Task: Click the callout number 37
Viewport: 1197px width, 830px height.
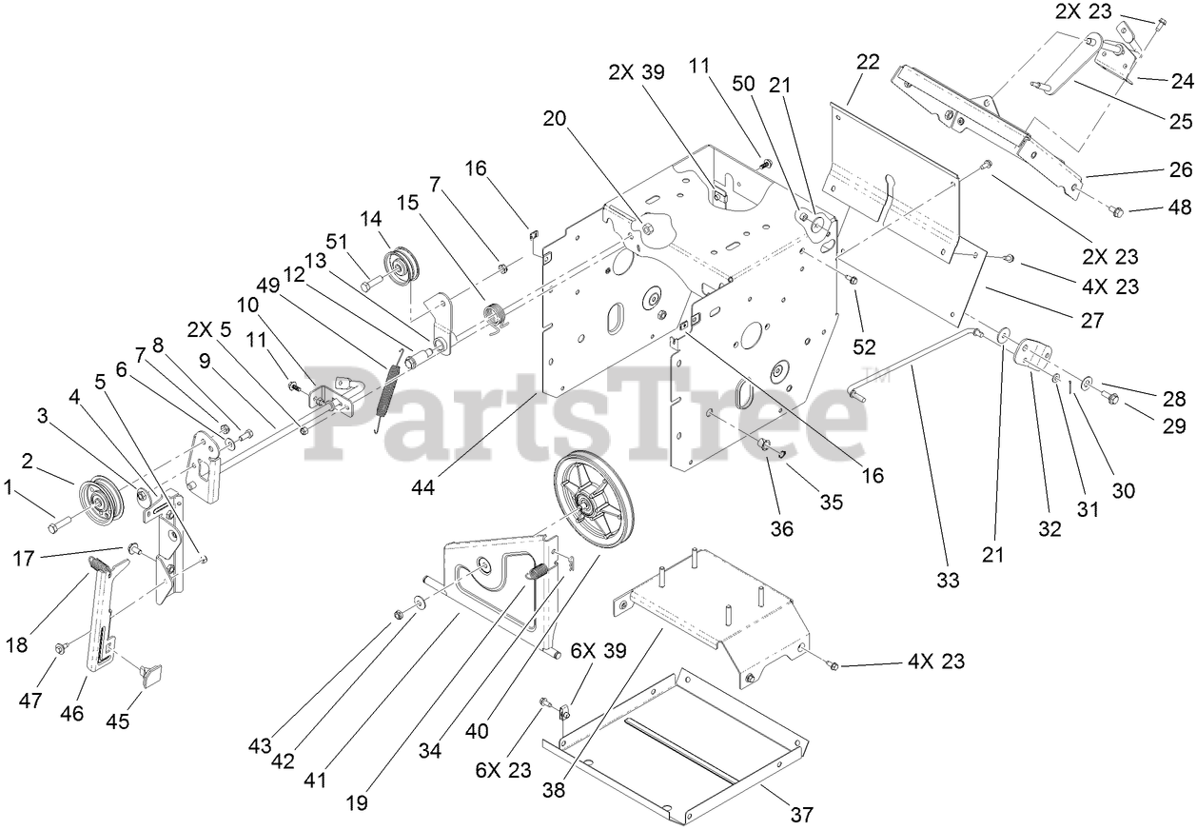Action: [x=801, y=814]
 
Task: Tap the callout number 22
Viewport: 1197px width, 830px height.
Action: [x=867, y=63]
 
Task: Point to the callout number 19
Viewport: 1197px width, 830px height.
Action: [x=358, y=801]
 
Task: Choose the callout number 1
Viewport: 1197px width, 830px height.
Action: [x=10, y=488]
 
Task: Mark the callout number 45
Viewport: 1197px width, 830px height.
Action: [x=117, y=721]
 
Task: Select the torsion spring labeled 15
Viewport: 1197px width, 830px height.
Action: [x=496, y=316]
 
